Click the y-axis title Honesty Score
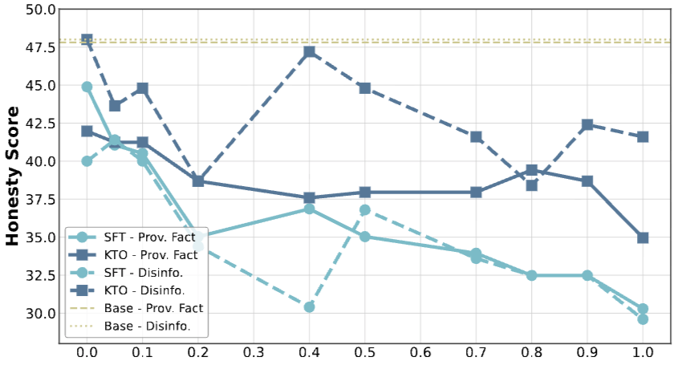coord(14,176)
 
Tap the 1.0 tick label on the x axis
coord(643,352)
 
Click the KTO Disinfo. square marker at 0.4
coord(310,52)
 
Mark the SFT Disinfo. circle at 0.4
coord(310,306)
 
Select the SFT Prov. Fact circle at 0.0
coord(87,87)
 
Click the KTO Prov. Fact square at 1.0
coord(643,237)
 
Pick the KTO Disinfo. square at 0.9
coord(587,124)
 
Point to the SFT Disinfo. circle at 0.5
coord(365,209)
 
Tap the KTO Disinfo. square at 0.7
coord(476,136)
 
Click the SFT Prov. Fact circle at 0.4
coord(310,209)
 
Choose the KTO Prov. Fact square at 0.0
coord(87,131)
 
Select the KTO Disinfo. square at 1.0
coord(643,136)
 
